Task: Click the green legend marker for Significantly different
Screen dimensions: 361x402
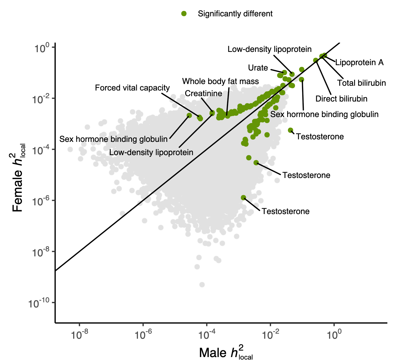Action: (x=184, y=14)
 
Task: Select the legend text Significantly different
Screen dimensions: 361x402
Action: (x=235, y=14)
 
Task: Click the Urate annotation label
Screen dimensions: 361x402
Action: (x=258, y=68)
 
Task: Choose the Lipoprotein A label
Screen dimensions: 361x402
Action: (x=359, y=62)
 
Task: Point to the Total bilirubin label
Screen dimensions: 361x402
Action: (x=361, y=83)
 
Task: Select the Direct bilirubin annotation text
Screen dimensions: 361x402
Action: (x=341, y=99)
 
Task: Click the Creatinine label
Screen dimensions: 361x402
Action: (x=204, y=93)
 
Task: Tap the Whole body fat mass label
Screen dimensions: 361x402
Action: (x=220, y=82)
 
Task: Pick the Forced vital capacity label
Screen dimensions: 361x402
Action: (x=132, y=88)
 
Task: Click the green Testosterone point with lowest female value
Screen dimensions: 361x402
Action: (x=244, y=198)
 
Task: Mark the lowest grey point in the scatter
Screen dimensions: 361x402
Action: (x=202, y=285)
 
